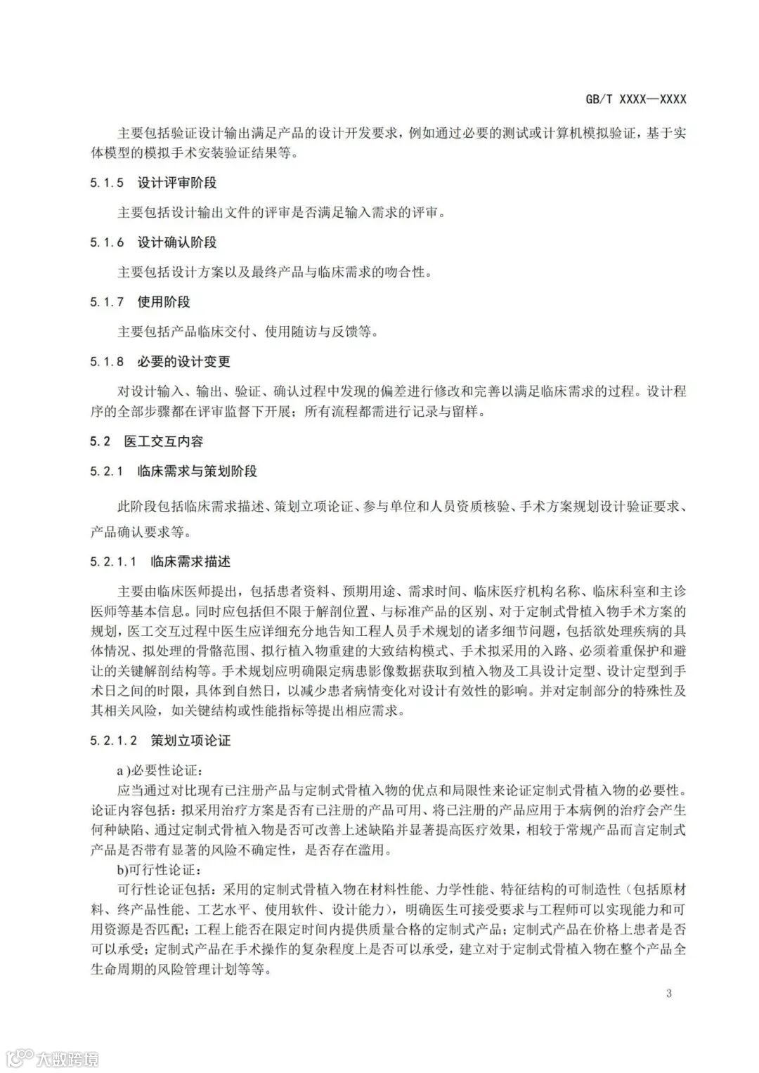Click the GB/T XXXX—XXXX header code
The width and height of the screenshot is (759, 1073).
click(x=635, y=99)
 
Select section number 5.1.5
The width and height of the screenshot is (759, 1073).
click(x=107, y=183)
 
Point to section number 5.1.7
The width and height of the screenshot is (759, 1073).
click(x=107, y=302)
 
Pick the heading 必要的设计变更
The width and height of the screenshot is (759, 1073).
click(x=184, y=362)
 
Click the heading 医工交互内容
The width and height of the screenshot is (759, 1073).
click(x=164, y=441)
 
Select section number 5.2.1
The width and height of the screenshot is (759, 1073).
click(x=107, y=472)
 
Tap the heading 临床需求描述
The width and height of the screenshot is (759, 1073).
click(x=190, y=561)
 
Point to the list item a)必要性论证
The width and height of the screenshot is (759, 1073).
click(x=159, y=772)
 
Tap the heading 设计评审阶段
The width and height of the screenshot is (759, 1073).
click(x=177, y=183)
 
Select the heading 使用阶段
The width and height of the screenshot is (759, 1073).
click(x=164, y=302)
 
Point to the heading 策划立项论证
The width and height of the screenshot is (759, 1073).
click(x=190, y=741)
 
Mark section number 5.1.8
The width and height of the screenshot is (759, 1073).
click(x=107, y=362)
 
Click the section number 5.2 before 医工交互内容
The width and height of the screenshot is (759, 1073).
click(x=100, y=441)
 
